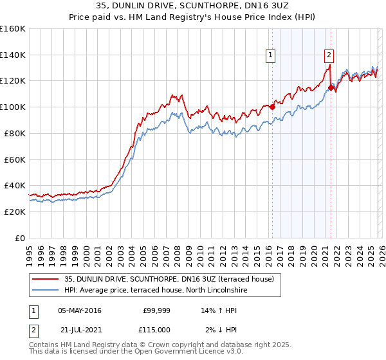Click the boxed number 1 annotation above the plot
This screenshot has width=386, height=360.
pos(270,56)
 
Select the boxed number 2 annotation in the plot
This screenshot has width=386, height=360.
pos(329,55)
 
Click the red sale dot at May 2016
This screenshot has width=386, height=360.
pos(272,107)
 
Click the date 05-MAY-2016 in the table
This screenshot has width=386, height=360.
pos(79,310)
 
